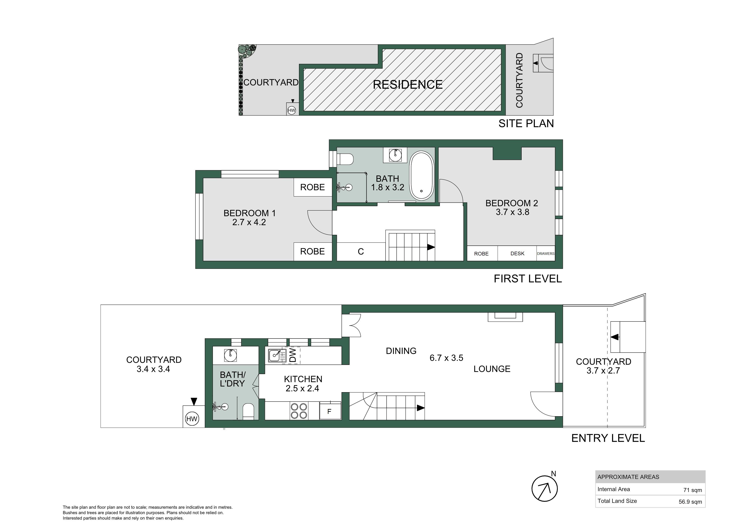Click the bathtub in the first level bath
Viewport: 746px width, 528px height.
click(x=422, y=176)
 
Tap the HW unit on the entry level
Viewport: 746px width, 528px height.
click(x=192, y=419)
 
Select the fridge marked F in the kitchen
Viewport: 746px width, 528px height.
click(x=330, y=411)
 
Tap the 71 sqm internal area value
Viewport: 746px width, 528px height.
click(x=692, y=490)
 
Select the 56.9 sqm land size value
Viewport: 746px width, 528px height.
click(x=690, y=502)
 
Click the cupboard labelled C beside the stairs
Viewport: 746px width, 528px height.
click(x=361, y=252)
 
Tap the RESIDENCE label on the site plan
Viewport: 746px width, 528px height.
click(x=407, y=85)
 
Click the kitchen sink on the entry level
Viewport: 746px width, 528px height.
click(x=277, y=355)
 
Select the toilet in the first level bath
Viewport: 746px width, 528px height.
click(x=345, y=160)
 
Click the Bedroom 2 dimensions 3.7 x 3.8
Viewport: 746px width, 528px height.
click(x=512, y=212)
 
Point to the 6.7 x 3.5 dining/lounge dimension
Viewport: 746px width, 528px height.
click(x=446, y=358)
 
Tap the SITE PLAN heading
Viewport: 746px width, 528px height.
click(x=526, y=124)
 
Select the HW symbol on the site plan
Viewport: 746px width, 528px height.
click(x=292, y=110)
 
